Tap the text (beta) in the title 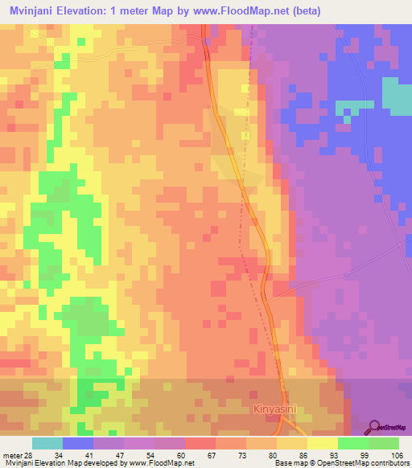[x=307, y=10]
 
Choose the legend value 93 [x=320, y=456]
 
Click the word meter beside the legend [x=10, y=456]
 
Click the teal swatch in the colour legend [x=47, y=443]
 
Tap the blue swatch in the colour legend [x=78, y=443]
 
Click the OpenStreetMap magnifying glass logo [x=375, y=425]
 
